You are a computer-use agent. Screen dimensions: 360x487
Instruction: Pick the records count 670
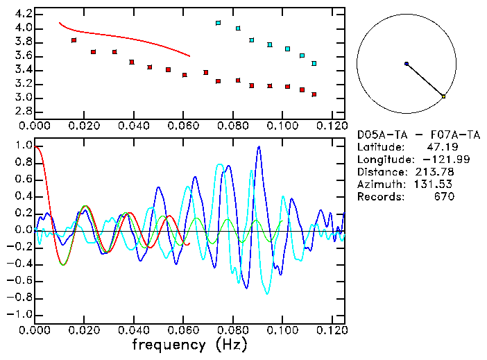[444, 197]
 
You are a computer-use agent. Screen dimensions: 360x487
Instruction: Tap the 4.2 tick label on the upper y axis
[23, 14]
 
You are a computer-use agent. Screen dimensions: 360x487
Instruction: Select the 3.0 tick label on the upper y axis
[23, 98]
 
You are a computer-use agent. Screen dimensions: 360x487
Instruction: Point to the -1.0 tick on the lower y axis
[20, 314]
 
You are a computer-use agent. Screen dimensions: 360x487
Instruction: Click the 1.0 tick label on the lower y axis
[23, 146]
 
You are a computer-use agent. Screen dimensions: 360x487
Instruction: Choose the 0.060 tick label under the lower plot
[184, 330]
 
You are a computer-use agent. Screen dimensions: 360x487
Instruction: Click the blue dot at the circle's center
[407, 64]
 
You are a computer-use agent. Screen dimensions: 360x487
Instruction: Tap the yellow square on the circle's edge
[443, 96]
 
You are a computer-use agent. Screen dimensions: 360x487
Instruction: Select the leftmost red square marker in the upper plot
[74, 40]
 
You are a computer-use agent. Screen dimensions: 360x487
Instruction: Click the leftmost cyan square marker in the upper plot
[218, 23]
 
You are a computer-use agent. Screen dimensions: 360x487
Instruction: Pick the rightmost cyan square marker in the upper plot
[314, 63]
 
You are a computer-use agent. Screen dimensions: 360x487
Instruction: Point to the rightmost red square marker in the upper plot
[314, 94]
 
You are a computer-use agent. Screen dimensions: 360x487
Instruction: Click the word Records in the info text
[379, 197]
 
